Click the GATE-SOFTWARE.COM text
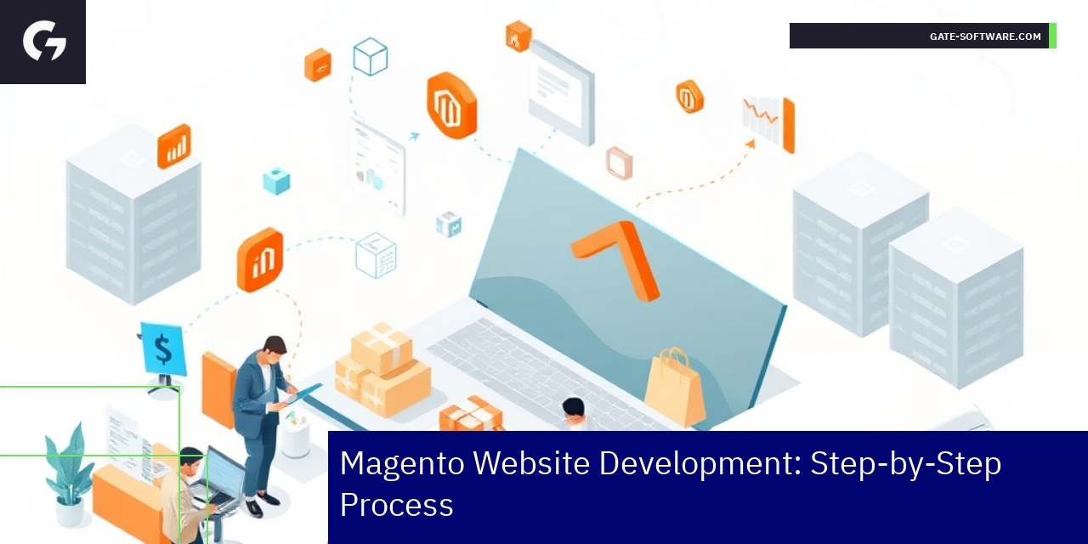tap(985, 37)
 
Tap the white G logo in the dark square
tap(44, 41)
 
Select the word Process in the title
tap(396, 505)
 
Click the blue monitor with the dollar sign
tap(162, 349)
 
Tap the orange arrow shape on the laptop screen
tap(618, 255)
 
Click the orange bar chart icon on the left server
tap(174, 146)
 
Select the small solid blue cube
tap(276, 181)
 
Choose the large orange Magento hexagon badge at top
tap(451, 105)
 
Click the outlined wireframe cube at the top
tap(371, 57)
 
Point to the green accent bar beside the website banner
tap(1052, 36)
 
